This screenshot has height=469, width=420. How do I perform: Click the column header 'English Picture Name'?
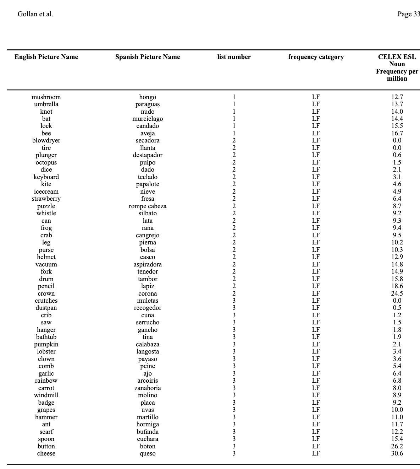tap(46, 57)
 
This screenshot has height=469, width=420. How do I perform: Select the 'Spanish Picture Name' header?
tap(148, 57)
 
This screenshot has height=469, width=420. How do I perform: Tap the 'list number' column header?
tap(234, 57)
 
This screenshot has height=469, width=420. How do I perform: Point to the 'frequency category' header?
tap(316, 57)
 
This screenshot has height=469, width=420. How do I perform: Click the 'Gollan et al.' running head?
tap(35, 14)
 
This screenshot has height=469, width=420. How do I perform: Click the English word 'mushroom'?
tap(46, 97)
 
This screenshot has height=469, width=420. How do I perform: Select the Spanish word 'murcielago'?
tap(148, 119)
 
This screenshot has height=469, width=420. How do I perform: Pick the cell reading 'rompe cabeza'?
tap(148, 206)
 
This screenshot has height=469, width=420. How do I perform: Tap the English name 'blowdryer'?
tap(46, 140)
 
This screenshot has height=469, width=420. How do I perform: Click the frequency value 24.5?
tap(397, 293)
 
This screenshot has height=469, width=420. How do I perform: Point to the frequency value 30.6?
tap(397, 453)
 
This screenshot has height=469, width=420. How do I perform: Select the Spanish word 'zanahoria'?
tap(148, 388)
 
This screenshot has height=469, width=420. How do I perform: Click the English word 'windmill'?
tap(46, 395)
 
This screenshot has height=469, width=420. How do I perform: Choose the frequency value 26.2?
tap(397, 446)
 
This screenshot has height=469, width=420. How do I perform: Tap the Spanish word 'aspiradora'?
tap(148, 264)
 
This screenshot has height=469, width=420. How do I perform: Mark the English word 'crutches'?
tap(46, 301)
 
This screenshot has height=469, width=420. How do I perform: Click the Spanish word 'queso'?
tap(148, 453)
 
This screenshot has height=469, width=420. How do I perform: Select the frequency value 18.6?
tap(397, 286)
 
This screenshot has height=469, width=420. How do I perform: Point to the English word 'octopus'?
tap(46, 162)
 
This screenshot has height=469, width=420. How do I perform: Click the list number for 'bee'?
tap(234, 133)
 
